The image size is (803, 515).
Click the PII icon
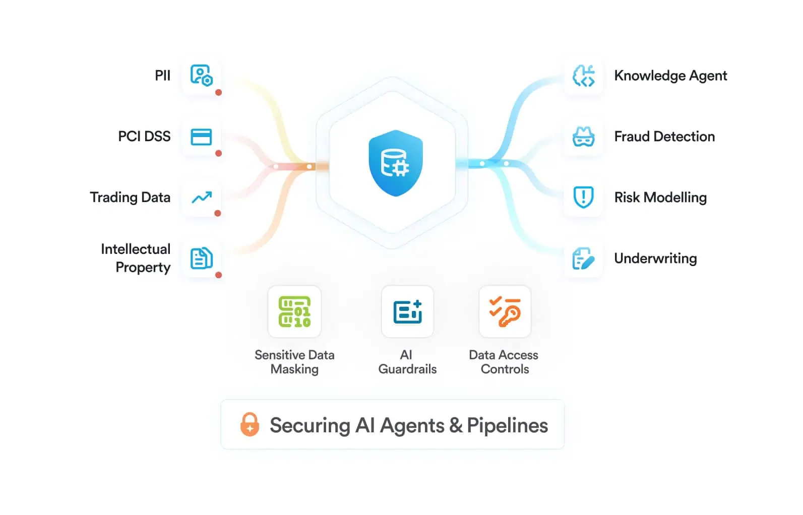[201, 76]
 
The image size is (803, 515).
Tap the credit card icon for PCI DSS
[201, 137]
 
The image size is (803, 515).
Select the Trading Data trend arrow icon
[201, 197]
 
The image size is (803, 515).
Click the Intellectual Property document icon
[201, 259]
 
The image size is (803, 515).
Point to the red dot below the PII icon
[218, 93]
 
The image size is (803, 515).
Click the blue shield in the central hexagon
[396, 163]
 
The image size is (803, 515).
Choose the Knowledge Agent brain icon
[583, 76]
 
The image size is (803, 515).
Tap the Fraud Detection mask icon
[583, 137]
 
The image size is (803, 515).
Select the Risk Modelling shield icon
[583, 197]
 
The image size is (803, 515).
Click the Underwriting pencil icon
[583, 259]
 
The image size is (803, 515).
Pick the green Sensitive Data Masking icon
[294, 311]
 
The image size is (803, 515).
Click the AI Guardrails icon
[407, 311]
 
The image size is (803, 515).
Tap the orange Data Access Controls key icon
[505, 311]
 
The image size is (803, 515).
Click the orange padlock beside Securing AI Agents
[250, 424]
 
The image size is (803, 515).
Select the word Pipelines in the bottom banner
[507, 425]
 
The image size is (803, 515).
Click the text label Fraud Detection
[664, 137]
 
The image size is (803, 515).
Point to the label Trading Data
[130, 197]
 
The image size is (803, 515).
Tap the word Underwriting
[655, 259]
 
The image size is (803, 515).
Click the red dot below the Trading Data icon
[218, 214]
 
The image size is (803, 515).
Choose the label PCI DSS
[144, 137]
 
